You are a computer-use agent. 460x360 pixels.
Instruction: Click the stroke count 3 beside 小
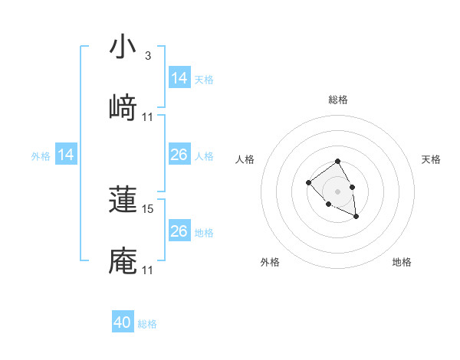[148, 56]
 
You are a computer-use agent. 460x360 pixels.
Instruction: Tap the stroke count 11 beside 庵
[148, 270]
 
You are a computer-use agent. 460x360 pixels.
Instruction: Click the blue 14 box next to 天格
[179, 78]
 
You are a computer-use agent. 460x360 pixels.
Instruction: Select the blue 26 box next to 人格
[179, 155]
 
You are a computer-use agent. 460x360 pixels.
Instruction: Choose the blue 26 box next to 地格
[179, 231]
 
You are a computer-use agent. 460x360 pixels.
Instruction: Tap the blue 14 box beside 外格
[66, 155]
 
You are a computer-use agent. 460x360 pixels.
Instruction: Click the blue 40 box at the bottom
[123, 322]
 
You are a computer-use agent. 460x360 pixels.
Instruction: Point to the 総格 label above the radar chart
[338, 100]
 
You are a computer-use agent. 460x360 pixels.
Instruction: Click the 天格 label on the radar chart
[432, 159]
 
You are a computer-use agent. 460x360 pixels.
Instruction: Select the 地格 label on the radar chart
[402, 262]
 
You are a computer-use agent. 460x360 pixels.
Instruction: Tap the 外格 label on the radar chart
[270, 262]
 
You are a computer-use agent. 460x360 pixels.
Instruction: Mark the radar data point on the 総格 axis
[338, 162]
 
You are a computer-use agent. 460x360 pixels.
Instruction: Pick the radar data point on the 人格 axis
[308, 182]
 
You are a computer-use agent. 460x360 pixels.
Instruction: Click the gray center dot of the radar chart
[338, 191]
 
